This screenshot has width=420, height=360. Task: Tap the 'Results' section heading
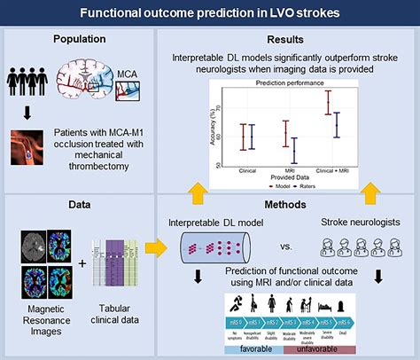[280, 40]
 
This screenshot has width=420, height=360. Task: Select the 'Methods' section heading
[280, 204]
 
